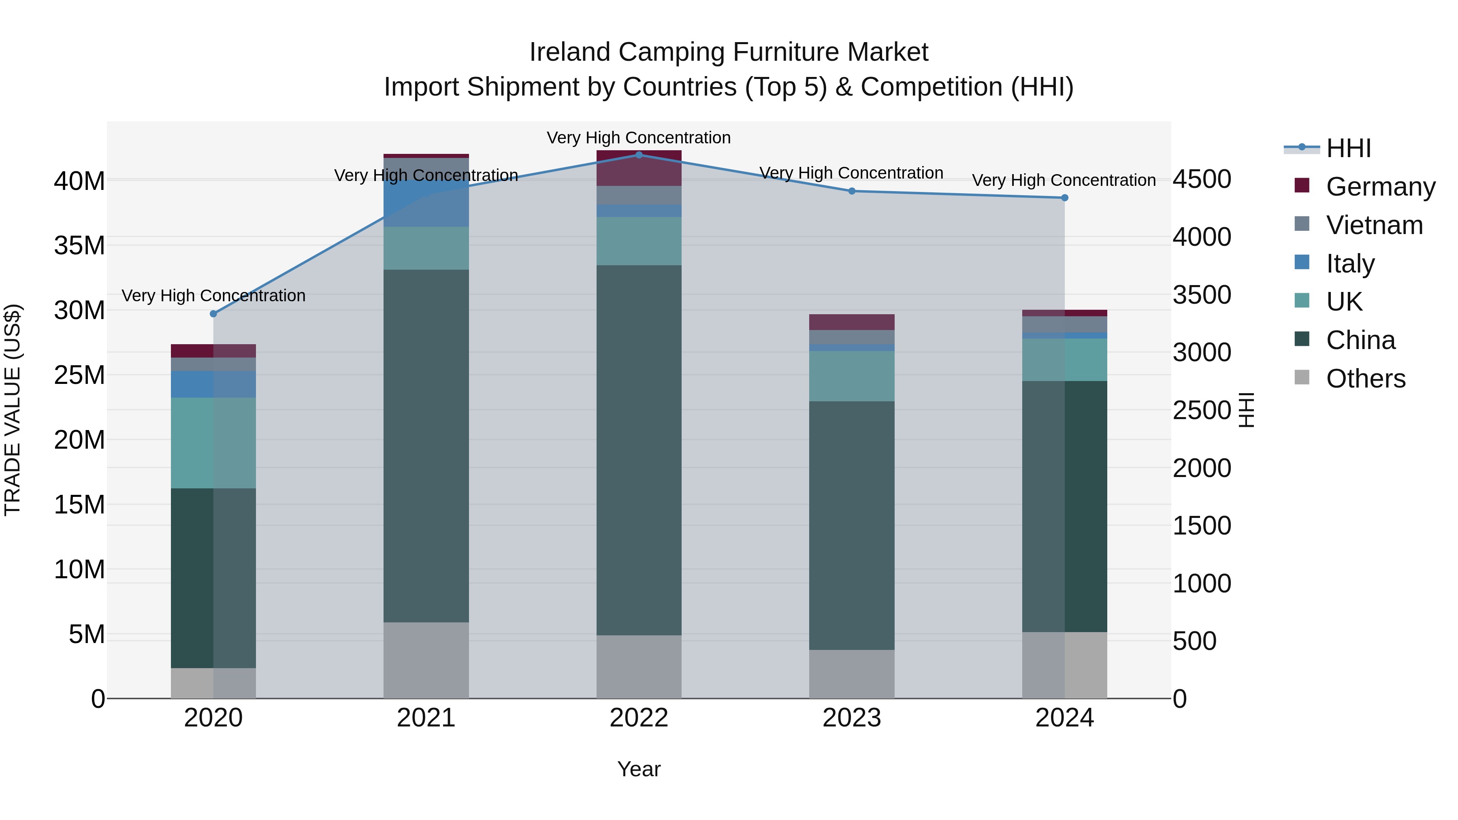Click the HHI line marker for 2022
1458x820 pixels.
tap(639, 155)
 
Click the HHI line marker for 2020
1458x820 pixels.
tap(213, 313)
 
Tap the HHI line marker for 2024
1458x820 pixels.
tap(1065, 198)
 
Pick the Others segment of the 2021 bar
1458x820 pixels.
tap(426, 660)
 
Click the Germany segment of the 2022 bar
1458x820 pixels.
tap(639, 168)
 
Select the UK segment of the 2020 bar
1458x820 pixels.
tap(213, 443)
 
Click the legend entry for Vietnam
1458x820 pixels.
tap(1374, 225)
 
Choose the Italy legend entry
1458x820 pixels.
tap(1350, 264)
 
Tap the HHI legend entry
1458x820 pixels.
tap(1347, 148)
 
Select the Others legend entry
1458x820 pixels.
tap(1365, 379)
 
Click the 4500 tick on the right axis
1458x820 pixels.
tap(1202, 179)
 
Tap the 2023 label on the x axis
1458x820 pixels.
tap(852, 718)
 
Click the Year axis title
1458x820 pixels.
tap(639, 769)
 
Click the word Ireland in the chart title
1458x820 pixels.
tap(569, 52)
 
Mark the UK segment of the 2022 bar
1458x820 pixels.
tap(639, 241)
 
